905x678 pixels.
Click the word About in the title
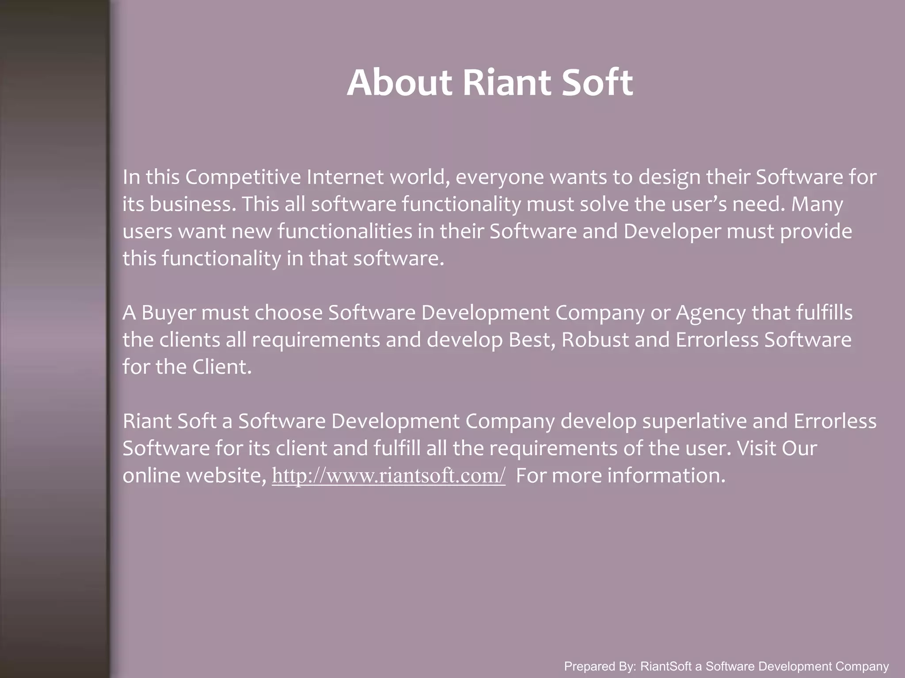[x=399, y=83]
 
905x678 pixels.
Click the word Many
[x=817, y=204]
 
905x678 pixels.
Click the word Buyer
[x=168, y=313]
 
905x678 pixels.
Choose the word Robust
[x=595, y=340]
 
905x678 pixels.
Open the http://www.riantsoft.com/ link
[x=388, y=476]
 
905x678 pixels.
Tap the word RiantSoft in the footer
[x=667, y=667]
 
